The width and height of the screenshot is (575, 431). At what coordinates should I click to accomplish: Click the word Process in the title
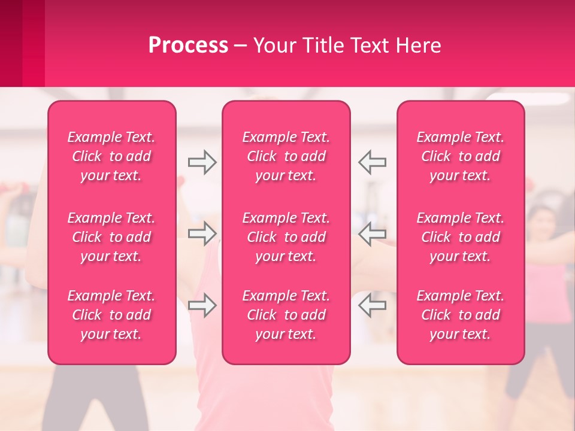pos(188,45)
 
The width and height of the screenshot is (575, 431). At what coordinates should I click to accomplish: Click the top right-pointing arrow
pos(202,162)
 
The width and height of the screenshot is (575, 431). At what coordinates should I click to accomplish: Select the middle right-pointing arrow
pos(202,233)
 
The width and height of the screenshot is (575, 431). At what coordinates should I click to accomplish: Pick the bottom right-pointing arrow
pos(202,305)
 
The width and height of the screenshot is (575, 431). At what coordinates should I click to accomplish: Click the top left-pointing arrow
pos(372,162)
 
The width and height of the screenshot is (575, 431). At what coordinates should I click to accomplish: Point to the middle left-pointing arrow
pos(372,233)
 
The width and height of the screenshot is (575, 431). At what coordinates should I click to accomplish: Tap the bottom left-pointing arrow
pos(372,305)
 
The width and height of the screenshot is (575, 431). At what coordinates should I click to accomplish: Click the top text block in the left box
pos(111,156)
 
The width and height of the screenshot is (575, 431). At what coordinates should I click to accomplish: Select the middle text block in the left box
pos(111,237)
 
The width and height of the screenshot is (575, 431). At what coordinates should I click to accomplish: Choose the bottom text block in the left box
pos(111,315)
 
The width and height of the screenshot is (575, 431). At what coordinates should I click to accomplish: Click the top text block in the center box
pos(286,156)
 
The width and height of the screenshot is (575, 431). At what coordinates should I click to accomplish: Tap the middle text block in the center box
pos(286,237)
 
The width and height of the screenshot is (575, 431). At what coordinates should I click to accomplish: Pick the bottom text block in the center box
pos(286,315)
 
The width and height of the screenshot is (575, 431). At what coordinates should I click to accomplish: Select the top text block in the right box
pos(461,156)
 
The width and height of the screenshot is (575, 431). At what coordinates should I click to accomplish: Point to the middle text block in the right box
pos(461,237)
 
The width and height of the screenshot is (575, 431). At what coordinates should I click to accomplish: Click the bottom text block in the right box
pos(461,315)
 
